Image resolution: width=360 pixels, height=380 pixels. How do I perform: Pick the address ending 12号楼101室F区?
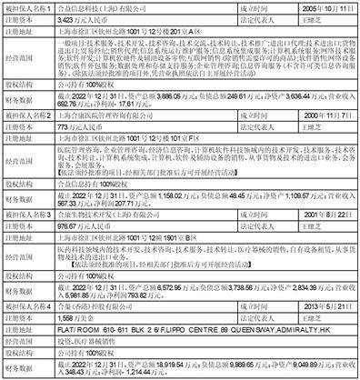tap(128, 166)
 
